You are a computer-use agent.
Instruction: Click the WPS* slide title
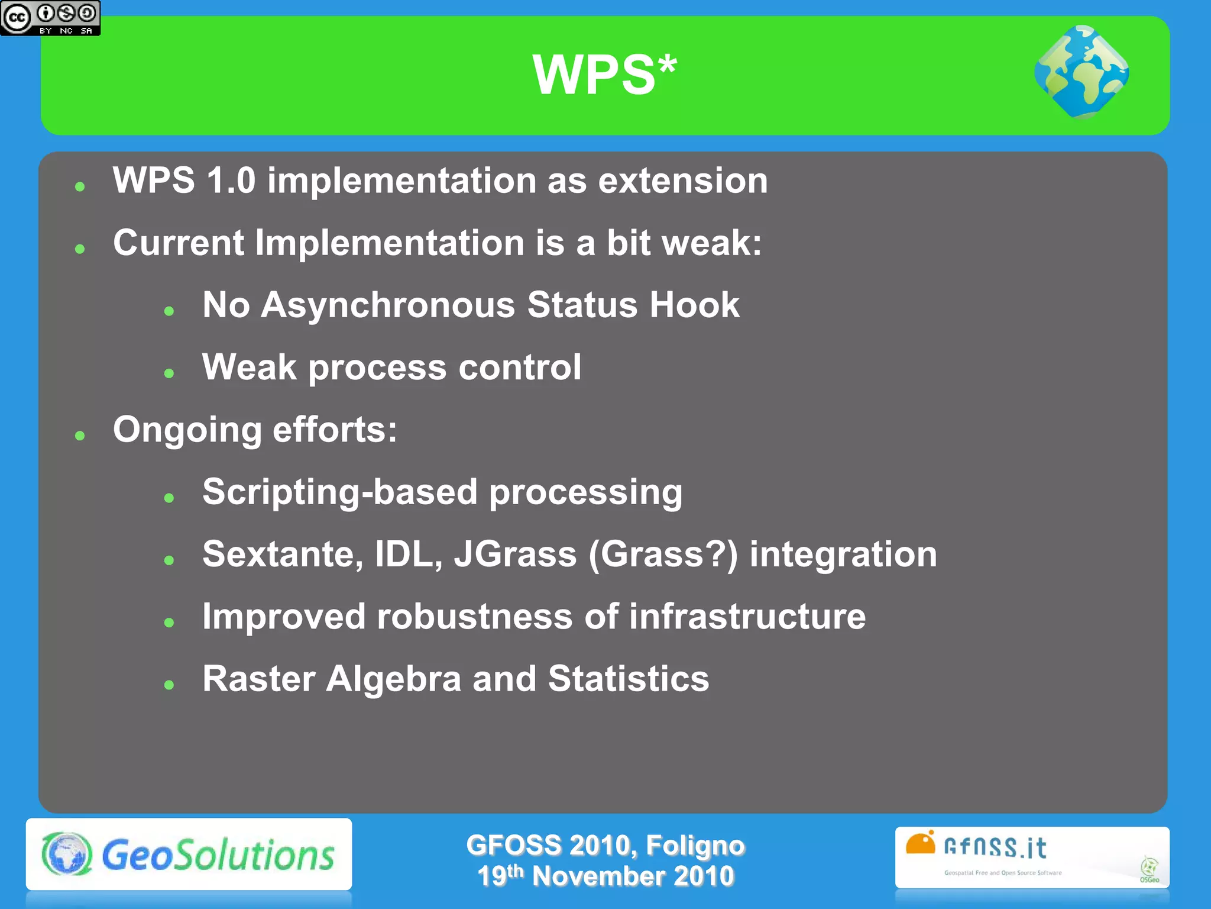(604, 75)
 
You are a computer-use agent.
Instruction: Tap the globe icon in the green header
(1082, 72)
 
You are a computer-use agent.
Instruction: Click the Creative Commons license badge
(50, 18)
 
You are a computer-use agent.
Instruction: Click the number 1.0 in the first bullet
(231, 180)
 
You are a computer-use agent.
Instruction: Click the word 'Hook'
(694, 305)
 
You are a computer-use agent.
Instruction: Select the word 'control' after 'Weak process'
(520, 368)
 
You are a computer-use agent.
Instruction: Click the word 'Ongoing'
(187, 431)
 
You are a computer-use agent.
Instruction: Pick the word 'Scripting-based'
(339, 492)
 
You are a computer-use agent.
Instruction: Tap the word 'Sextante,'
(283, 555)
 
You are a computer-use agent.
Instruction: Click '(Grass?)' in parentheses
(663, 555)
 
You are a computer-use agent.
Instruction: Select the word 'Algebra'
(393, 679)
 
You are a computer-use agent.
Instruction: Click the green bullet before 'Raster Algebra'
(169, 685)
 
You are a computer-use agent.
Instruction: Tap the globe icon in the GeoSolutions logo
(67, 854)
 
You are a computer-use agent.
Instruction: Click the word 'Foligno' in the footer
(695, 845)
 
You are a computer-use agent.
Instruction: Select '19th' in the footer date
(500, 876)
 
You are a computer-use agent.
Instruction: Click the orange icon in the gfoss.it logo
(920, 843)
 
